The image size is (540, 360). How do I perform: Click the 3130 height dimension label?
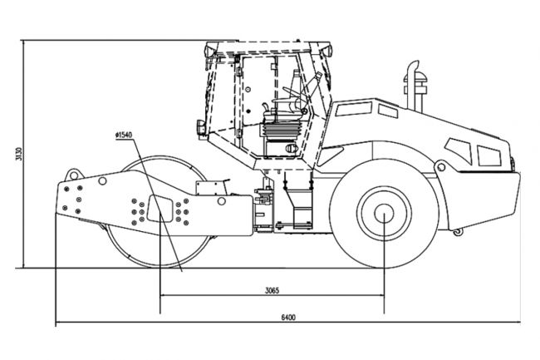[19, 154]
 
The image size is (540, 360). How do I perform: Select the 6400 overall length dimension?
[288, 318]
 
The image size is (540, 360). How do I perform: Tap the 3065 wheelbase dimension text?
[272, 290]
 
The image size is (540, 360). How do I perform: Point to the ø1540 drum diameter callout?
[124, 135]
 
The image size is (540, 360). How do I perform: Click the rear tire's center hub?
[384, 213]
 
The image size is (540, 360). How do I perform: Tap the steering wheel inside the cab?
[293, 93]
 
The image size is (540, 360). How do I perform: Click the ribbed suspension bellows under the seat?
[281, 131]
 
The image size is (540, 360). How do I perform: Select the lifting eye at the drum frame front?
[73, 175]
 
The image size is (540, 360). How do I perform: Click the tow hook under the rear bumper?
[458, 232]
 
